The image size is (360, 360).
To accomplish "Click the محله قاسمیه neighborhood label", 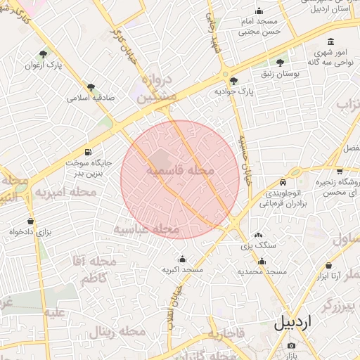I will (181, 171).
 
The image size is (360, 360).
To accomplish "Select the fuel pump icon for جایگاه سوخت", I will (88, 152).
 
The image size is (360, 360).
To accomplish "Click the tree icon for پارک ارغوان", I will (44, 53).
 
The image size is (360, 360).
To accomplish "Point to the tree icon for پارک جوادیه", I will (234, 80).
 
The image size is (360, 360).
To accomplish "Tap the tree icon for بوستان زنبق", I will (281, 63).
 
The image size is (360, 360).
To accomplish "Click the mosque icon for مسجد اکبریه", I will (183, 259).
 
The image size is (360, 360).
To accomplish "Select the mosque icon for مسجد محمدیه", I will (262, 261).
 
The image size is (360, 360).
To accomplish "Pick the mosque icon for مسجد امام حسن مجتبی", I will (259, 11).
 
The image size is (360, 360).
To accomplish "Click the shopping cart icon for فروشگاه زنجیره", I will (340, 170).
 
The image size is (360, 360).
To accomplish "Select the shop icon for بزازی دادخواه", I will (30, 221).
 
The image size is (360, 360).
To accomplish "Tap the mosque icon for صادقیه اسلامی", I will (90, 87).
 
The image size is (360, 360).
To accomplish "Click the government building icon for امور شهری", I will (331, 42).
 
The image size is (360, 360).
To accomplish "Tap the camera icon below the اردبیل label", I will (292, 345).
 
